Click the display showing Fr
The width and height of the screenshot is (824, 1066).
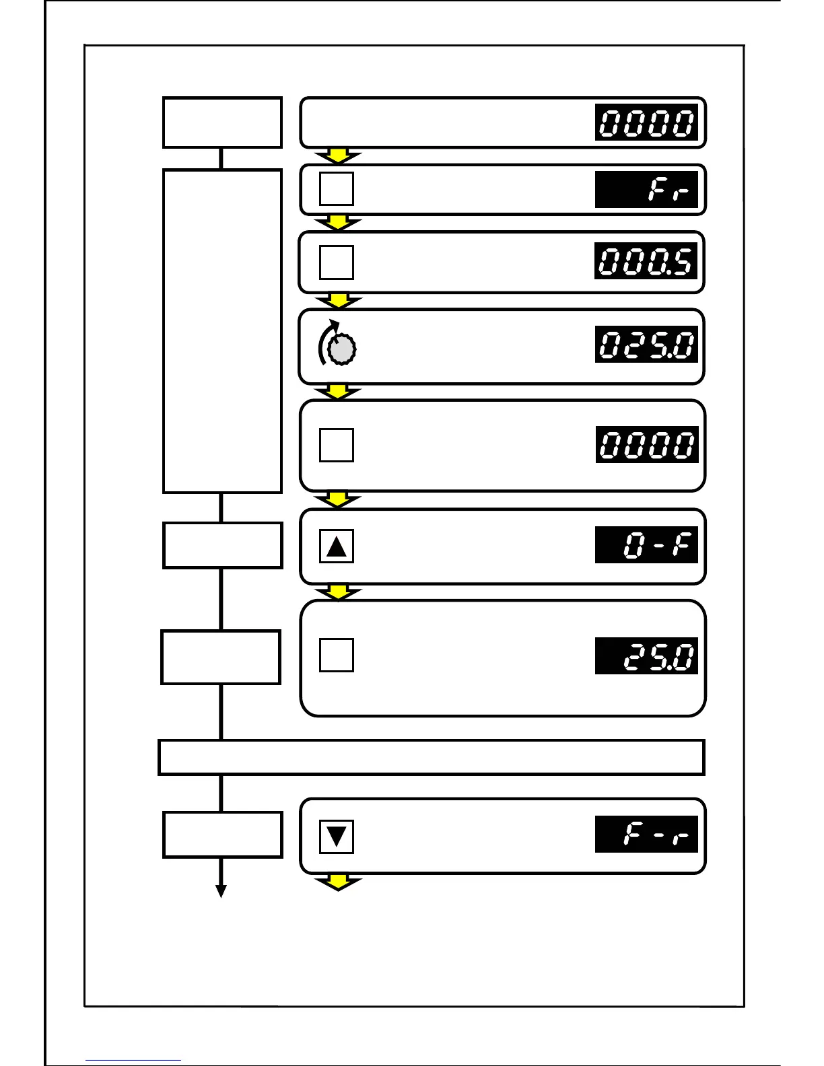(646, 190)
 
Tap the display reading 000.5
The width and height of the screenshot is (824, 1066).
(646, 262)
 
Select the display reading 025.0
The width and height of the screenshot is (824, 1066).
(646, 345)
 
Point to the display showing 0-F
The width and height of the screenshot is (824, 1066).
(646, 545)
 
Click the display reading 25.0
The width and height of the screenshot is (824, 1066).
(646, 656)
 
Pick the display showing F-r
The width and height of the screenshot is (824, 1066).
(646, 834)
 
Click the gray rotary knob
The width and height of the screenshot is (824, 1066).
(345, 349)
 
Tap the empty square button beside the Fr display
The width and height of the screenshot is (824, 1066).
(337, 189)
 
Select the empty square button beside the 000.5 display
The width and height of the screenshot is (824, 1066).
(337, 262)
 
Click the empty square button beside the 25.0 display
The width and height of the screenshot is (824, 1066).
(337, 655)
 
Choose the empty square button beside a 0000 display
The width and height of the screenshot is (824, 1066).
(337, 445)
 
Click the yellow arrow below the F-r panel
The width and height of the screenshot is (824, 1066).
(339, 882)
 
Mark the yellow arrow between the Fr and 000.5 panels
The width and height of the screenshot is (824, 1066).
(339, 223)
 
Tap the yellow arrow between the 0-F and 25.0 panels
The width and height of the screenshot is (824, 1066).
(339, 592)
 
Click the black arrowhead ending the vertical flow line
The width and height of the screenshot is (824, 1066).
(221, 891)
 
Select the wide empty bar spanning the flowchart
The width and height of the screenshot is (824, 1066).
(431, 757)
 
